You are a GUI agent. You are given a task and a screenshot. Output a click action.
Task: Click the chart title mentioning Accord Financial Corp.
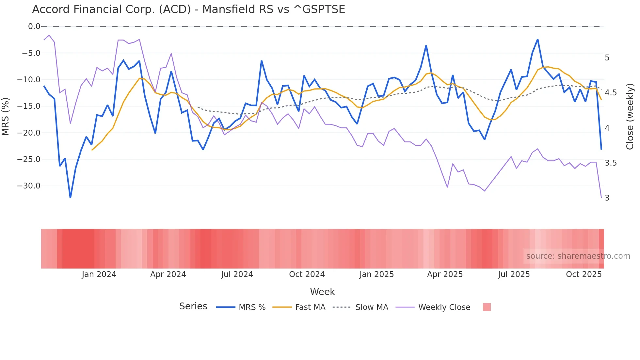pyautogui.click(x=188, y=9)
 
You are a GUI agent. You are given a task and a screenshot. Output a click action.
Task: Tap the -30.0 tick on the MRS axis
pyautogui.click(x=29, y=186)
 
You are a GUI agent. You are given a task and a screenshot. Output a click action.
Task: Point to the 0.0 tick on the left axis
pyautogui.click(x=34, y=26)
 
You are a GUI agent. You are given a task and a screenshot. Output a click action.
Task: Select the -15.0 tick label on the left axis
pyautogui.click(x=29, y=106)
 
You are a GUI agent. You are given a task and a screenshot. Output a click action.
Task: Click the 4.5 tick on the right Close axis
pyautogui.click(x=611, y=93)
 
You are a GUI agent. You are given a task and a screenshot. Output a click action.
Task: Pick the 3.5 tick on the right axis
pyautogui.click(x=611, y=163)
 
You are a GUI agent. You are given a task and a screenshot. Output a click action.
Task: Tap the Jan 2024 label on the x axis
pyautogui.click(x=99, y=274)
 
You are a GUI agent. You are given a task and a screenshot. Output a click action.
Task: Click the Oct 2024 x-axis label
pyautogui.click(x=307, y=274)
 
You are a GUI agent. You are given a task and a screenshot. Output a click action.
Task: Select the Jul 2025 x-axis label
pyautogui.click(x=514, y=274)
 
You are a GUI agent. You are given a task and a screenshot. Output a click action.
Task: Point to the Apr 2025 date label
pyautogui.click(x=445, y=274)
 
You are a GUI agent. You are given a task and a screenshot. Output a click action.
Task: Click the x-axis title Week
pyautogui.click(x=322, y=292)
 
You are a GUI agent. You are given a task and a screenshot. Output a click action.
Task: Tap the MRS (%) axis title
pyautogui.click(x=6, y=116)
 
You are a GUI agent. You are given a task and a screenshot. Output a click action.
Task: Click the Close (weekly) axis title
pyautogui.click(x=630, y=116)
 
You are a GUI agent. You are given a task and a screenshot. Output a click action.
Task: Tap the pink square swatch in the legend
pyautogui.click(x=487, y=307)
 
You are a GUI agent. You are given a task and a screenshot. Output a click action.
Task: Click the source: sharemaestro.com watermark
pyautogui.click(x=578, y=256)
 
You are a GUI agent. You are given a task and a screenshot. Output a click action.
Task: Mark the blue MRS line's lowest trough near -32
pyautogui.click(x=70, y=197)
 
